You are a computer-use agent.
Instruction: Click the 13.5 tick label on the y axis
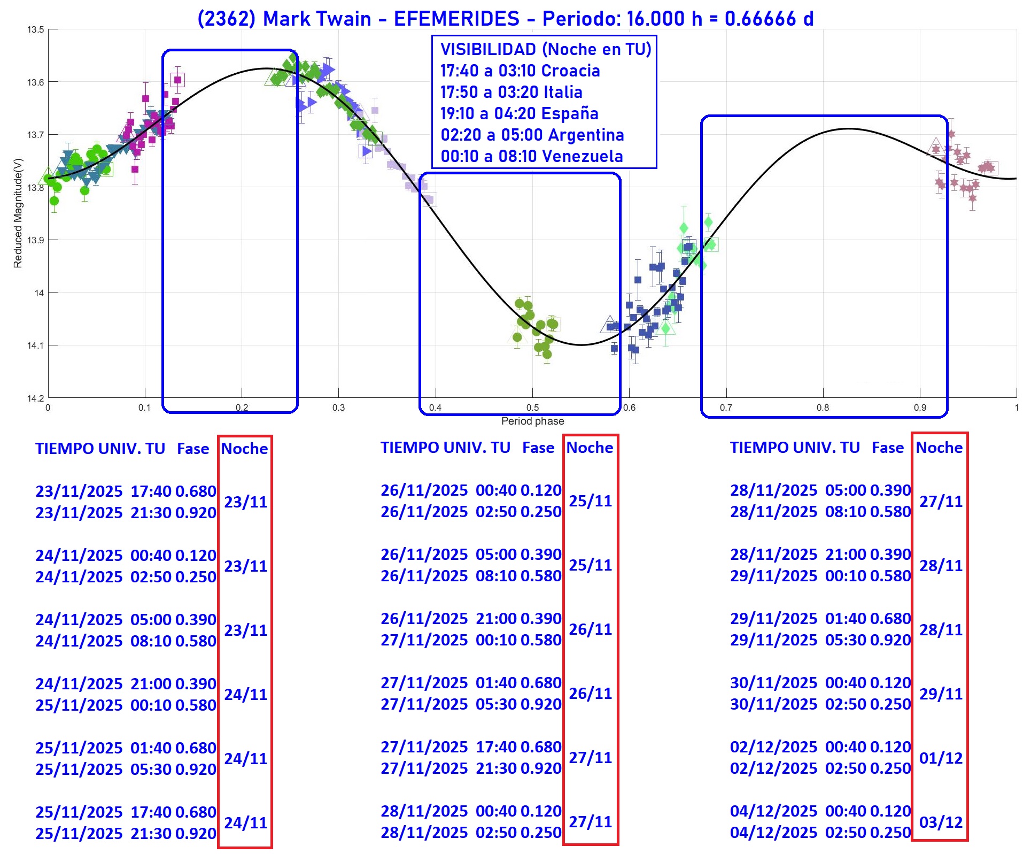tap(35, 30)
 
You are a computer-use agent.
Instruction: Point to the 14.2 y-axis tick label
tap(35, 398)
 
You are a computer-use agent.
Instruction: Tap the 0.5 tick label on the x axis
tap(532, 407)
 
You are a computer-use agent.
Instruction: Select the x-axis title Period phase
tap(532, 421)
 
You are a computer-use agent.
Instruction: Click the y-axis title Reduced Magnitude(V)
tap(18, 213)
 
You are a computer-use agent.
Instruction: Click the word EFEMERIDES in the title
tap(456, 19)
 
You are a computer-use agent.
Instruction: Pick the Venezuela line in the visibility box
tap(532, 156)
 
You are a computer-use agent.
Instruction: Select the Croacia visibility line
tap(520, 71)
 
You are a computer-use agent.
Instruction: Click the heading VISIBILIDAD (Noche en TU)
tap(546, 49)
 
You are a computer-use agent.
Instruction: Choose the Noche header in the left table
tap(244, 449)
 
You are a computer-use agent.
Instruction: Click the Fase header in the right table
tap(887, 448)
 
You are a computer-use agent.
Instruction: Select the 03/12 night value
tap(941, 822)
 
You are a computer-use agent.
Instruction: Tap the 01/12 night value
tap(941, 758)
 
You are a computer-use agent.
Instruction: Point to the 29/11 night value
tap(941, 694)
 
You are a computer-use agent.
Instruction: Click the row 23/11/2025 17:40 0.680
tap(126, 491)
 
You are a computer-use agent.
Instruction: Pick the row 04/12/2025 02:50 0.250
tap(820, 833)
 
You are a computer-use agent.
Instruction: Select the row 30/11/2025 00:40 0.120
tap(820, 683)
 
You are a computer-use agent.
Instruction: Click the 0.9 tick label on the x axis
tap(920, 407)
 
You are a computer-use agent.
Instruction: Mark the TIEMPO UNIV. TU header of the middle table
tap(445, 448)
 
